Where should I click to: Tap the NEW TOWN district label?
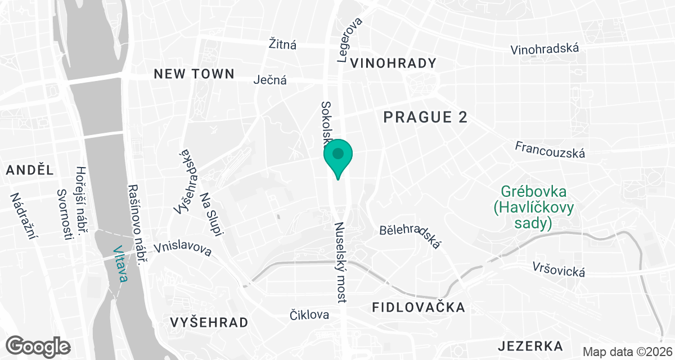(194, 74)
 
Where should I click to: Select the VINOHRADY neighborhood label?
(393, 63)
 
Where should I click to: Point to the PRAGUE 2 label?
(425, 117)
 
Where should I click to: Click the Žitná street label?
(282, 44)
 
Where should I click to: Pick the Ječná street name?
(270, 80)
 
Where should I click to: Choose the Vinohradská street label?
(544, 49)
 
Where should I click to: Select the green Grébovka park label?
(533, 208)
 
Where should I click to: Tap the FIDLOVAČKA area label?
(419, 307)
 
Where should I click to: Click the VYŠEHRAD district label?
(209, 322)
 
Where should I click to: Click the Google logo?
(38, 346)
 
